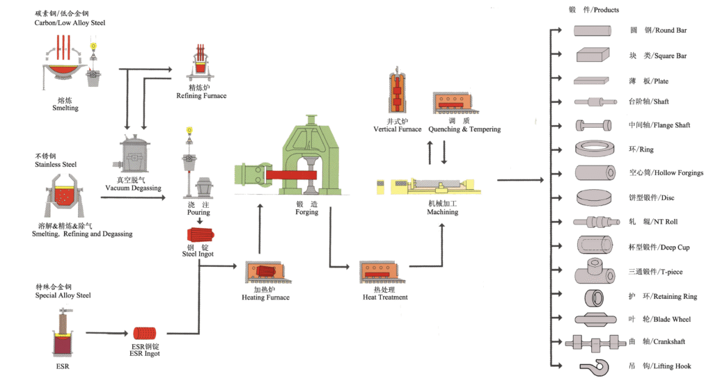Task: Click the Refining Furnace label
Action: (x=201, y=95)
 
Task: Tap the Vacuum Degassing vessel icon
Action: (x=133, y=154)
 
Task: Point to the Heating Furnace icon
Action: (x=265, y=273)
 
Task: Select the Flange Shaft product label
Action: (x=659, y=125)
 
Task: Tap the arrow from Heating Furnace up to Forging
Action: (x=260, y=229)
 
